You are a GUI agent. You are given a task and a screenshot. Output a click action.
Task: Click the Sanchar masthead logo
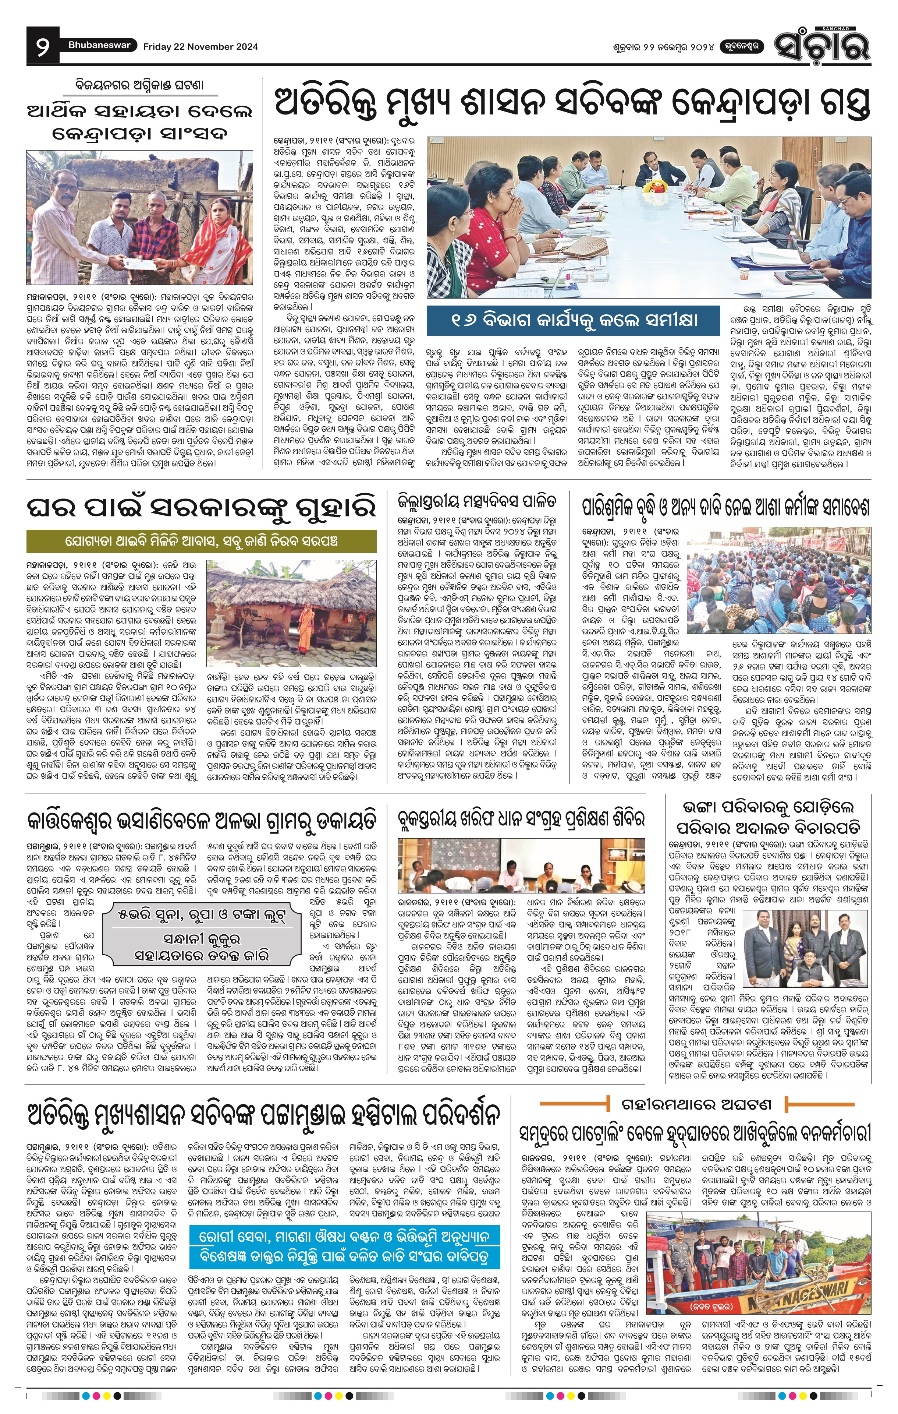822,45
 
